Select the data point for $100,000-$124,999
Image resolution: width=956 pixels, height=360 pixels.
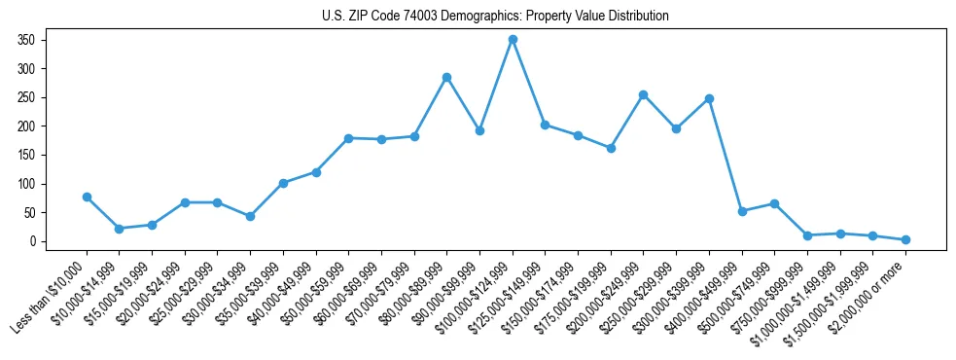tap(513, 40)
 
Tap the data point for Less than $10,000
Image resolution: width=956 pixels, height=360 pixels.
tap(87, 197)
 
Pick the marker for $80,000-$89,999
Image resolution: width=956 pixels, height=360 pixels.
tap(446, 77)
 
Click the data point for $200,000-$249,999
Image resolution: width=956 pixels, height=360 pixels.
tap(643, 94)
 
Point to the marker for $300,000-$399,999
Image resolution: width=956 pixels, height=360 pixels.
tap(709, 98)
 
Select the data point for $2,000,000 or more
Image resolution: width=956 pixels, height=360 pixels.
tap(905, 239)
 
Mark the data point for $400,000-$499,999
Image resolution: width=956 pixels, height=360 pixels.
tap(742, 211)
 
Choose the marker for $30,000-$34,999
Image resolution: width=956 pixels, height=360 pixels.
tap(250, 216)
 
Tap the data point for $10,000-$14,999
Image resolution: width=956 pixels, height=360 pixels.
tap(119, 229)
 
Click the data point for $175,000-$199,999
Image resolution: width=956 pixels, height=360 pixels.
tap(611, 148)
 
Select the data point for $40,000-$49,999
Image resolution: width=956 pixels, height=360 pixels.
tap(316, 172)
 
